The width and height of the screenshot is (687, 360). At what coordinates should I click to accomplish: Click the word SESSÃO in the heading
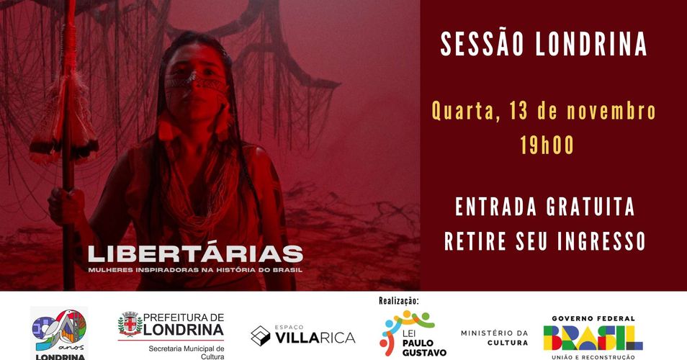point(482,44)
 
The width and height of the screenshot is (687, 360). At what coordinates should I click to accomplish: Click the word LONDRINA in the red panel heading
point(591,44)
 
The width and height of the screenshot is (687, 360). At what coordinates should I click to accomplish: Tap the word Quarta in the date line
point(467,112)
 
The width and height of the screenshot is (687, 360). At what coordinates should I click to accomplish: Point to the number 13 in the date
point(518,111)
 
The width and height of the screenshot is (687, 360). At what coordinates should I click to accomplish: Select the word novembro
point(611,111)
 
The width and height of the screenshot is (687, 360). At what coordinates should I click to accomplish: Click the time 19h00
point(547,145)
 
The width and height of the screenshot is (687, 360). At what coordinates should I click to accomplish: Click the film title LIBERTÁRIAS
point(195,254)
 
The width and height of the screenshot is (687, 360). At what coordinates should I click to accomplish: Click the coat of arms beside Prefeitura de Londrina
point(130,324)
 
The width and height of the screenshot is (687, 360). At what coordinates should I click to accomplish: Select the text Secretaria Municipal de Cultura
point(187,353)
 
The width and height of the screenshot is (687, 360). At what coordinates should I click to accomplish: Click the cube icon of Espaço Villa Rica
point(260,336)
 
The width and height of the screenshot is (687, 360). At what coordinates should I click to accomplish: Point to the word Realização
point(399,301)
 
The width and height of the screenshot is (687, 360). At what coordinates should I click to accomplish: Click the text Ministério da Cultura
point(494,338)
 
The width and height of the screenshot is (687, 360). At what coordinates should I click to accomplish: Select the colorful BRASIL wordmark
point(593,338)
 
